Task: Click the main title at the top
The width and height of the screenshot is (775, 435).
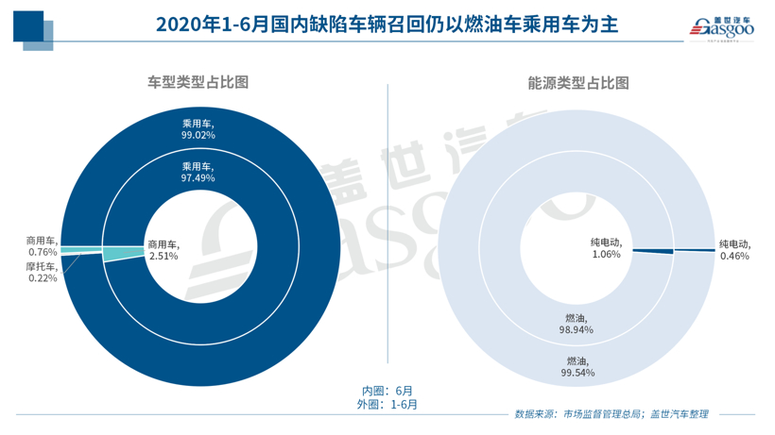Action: [x=387, y=25]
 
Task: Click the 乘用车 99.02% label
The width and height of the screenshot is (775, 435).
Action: [x=198, y=128]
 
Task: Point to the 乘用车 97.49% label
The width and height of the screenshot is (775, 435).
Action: [x=198, y=171]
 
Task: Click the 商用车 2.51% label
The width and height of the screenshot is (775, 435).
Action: [x=163, y=251]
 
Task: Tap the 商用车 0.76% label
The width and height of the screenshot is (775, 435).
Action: [x=42, y=246]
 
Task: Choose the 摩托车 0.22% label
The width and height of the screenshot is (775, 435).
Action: [x=42, y=273]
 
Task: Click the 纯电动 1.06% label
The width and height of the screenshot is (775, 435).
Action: [x=606, y=248]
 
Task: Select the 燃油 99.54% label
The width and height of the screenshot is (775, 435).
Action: [x=578, y=366]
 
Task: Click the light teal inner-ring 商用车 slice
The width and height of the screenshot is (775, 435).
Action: [x=121, y=253]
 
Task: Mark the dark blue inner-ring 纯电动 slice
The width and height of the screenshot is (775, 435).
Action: [x=652, y=250]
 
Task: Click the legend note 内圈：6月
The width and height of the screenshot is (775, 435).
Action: [x=387, y=390]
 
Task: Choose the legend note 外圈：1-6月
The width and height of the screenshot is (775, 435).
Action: [x=388, y=404]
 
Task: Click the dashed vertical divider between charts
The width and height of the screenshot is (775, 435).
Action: [x=388, y=226]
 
